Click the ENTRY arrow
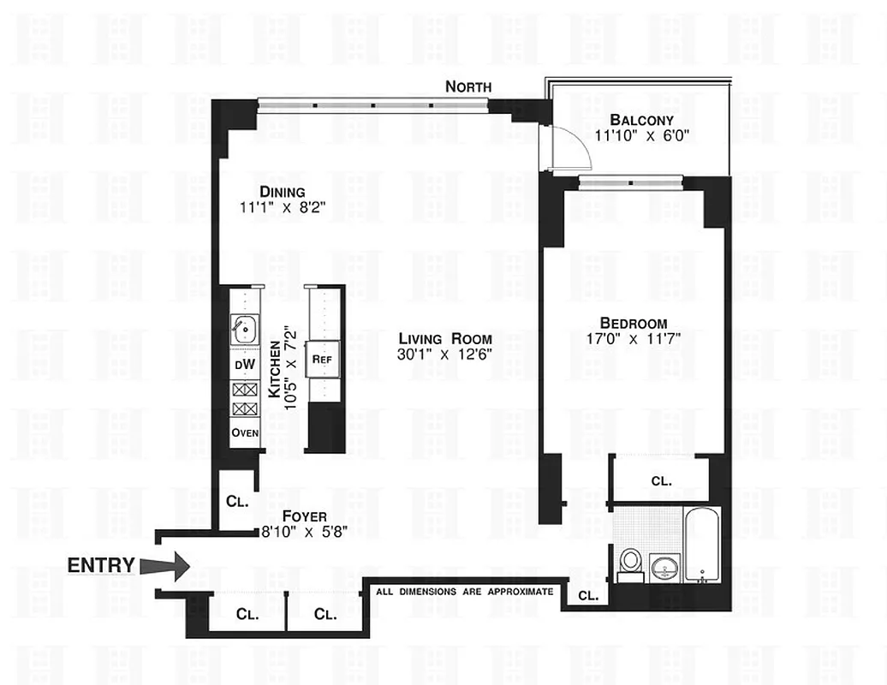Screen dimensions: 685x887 [164, 565]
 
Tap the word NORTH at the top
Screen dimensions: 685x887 [468, 86]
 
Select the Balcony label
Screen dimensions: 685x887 [641, 121]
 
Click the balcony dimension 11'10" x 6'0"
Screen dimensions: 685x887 [641, 135]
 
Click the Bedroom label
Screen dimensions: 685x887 [634, 323]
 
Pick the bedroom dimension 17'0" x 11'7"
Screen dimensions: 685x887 [634, 338]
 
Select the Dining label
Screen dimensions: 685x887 [283, 192]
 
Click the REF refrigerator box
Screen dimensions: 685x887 [322, 360]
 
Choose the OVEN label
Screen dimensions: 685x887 [245, 432]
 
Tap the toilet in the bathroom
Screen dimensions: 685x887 [630, 562]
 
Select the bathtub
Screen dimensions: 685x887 [703, 544]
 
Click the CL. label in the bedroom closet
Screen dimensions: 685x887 [661, 481]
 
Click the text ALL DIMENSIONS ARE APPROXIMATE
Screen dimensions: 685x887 [465, 592]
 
